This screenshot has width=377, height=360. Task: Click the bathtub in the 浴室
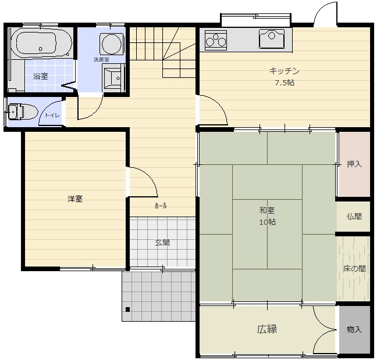click(41, 44)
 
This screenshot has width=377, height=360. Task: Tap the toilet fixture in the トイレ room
click(23, 111)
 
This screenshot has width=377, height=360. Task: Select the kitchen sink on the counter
click(272, 39)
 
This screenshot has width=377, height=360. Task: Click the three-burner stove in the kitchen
click(216, 40)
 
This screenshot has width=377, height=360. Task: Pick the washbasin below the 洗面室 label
click(112, 77)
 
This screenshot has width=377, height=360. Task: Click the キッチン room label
click(284, 71)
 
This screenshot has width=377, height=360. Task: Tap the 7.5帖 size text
click(284, 83)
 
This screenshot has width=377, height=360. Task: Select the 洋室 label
click(75, 199)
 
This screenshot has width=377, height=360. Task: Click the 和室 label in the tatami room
click(267, 210)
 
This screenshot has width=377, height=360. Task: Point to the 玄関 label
click(162, 243)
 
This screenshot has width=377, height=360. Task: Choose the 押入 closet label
click(354, 164)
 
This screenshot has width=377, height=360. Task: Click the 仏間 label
click(354, 217)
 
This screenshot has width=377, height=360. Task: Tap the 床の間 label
click(354, 269)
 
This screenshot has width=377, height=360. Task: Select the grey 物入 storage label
click(354, 330)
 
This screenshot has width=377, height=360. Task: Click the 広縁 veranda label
click(267, 329)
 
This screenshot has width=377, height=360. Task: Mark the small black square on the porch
click(127, 309)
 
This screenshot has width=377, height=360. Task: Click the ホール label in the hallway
click(161, 206)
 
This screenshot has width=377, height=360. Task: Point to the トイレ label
click(52, 116)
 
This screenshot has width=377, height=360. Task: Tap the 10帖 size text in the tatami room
click(268, 222)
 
